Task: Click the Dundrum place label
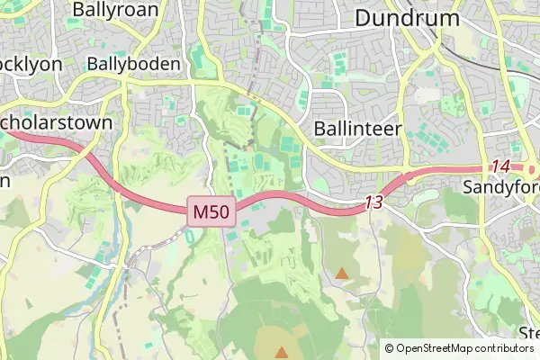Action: point(407,18)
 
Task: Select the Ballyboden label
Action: point(133,65)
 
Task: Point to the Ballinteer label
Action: point(356,129)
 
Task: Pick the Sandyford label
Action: point(500,187)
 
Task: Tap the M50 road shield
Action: point(212,212)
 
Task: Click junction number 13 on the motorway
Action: point(373,203)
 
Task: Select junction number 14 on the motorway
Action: point(500,166)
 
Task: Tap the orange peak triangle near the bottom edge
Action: point(283,352)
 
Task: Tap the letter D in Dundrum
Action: point(364,18)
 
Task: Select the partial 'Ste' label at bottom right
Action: point(529,332)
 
